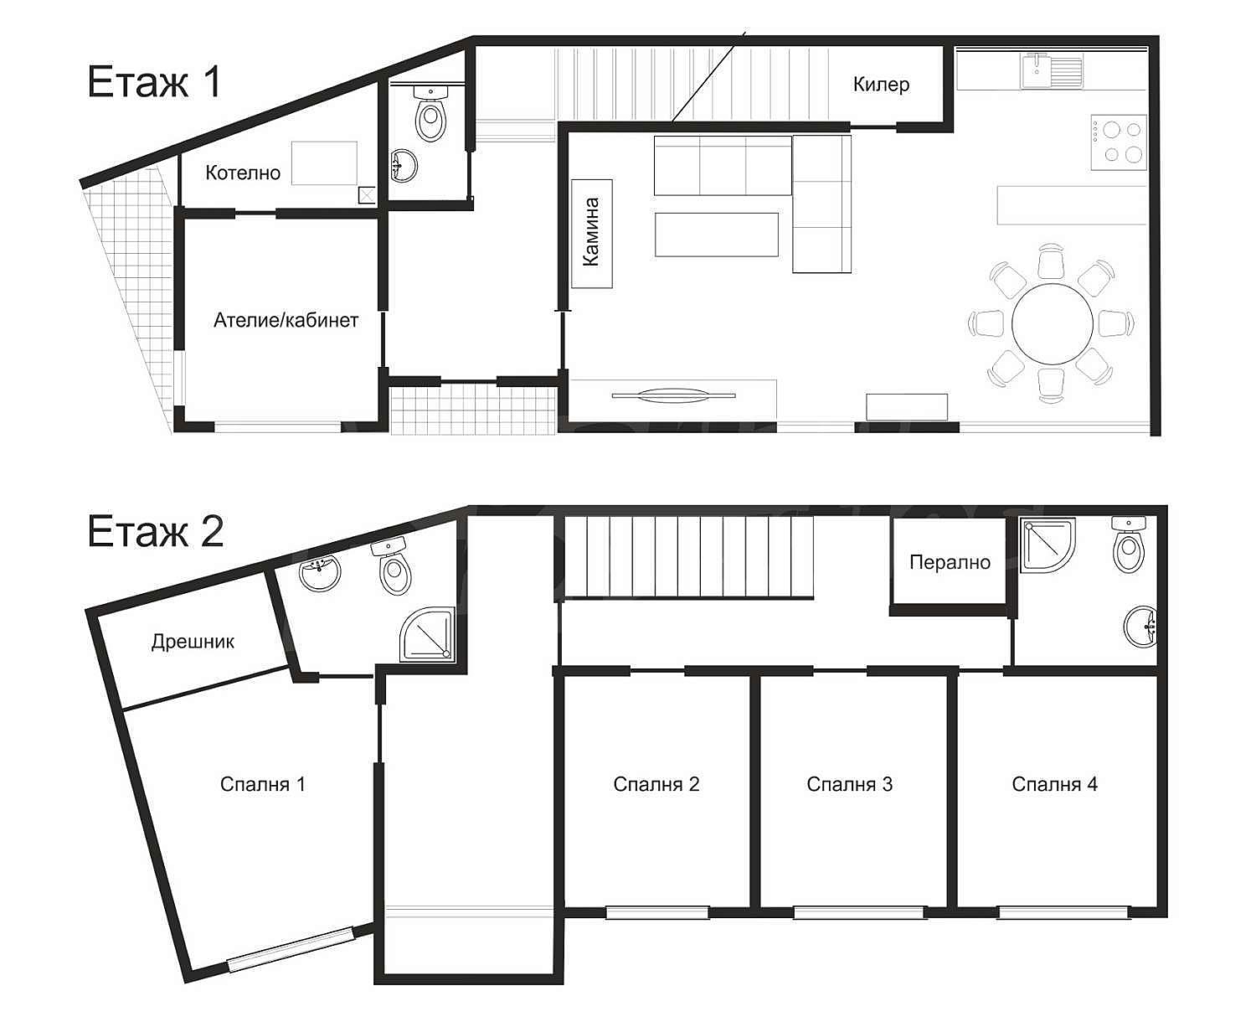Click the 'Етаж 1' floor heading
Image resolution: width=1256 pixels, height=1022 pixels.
tap(155, 82)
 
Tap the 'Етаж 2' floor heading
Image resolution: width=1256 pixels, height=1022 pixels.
tap(156, 531)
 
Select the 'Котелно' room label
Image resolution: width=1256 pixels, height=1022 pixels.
tap(243, 173)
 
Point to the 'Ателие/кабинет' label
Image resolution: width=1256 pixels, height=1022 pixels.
tap(286, 320)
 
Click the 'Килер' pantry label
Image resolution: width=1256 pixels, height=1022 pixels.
tap(881, 85)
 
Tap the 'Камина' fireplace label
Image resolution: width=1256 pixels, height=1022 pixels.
tap(591, 232)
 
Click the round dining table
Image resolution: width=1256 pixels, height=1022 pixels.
tap(1053, 323)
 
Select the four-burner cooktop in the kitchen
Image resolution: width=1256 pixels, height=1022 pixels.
tap(1119, 142)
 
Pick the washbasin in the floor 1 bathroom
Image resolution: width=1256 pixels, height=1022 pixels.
tap(404, 166)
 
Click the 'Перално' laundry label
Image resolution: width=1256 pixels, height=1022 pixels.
tap(950, 562)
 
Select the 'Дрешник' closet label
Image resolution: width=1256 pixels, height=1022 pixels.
tap(193, 641)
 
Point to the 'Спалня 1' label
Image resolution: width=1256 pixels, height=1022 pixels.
tap(262, 784)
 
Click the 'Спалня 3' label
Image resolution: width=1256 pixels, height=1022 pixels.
tap(849, 784)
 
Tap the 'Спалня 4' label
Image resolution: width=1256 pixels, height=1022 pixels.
tap(1054, 784)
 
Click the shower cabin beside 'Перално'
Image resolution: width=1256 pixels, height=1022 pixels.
tap(1048, 545)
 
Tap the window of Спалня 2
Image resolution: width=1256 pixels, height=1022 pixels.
tap(657, 912)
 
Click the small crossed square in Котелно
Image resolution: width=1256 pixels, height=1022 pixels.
tap(367, 195)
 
